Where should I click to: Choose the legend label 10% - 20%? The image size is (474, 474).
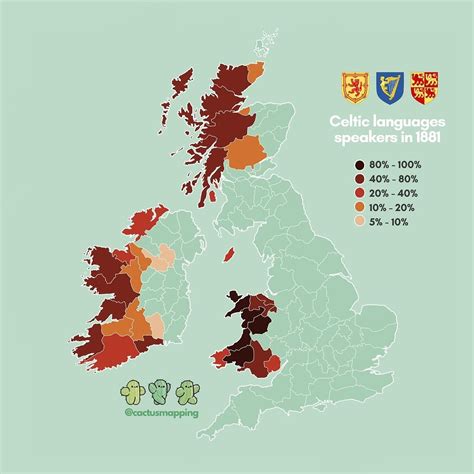coord(393,207)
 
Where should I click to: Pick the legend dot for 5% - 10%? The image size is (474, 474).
coord(360,224)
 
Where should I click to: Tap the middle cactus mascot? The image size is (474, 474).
coord(158,389)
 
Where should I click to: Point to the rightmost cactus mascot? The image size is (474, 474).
coord(185,389)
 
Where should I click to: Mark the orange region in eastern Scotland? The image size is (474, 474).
coord(243,151)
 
